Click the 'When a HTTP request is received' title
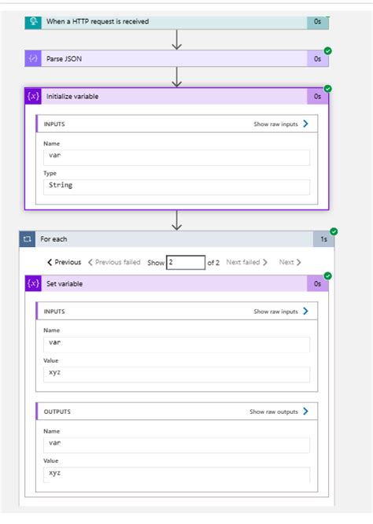click(98, 21)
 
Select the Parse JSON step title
click(64, 59)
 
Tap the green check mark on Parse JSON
click(328, 51)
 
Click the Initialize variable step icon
click(33, 96)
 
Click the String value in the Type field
click(61, 185)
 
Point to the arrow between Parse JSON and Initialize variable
click(176, 77)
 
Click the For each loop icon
click(28, 239)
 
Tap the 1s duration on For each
click(323, 239)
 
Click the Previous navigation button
click(65, 262)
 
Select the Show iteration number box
click(186, 262)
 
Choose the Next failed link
click(246, 262)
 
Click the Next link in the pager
click(290, 262)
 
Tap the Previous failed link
click(114, 262)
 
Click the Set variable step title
click(65, 284)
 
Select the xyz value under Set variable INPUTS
click(55, 372)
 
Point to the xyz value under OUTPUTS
click(55, 473)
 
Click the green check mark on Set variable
click(328, 275)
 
